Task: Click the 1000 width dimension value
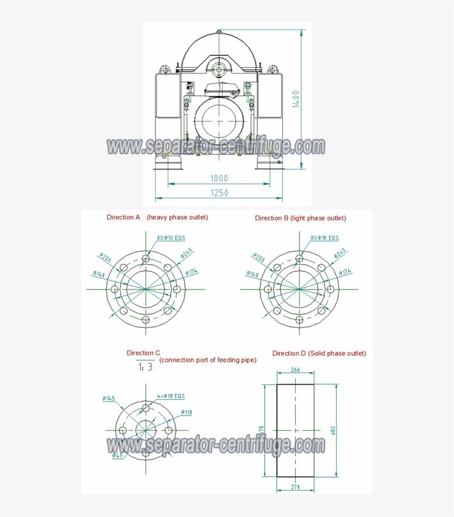point(219,178)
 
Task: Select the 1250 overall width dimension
point(219,193)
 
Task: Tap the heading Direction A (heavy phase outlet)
point(157,218)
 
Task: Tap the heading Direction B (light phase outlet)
point(300,218)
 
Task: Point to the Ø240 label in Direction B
point(340,254)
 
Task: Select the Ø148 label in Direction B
point(253,274)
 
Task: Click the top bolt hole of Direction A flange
point(146,258)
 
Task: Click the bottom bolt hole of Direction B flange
point(300,320)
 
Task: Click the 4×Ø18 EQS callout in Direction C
point(171,396)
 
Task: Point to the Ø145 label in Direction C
point(109,399)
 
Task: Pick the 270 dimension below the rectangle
point(296,487)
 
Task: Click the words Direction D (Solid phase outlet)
point(319,353)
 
